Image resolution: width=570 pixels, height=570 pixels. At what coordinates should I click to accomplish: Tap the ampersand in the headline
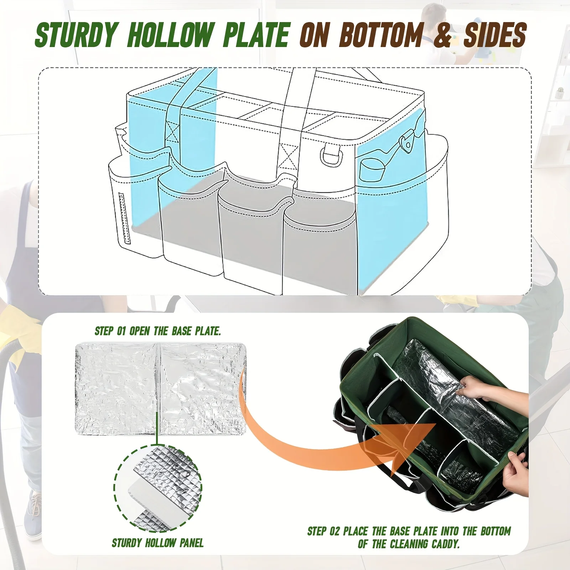pyautogui.click(x=443, y=35)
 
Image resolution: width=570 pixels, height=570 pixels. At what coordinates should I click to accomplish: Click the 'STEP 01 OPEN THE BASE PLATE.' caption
pyautogui.click(x=158, y=331)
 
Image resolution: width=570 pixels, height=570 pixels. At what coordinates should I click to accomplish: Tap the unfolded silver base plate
pyautogui.click(x=160, y=388)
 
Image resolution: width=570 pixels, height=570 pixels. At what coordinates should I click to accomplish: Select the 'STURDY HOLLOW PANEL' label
pyautogui.click(x=158, y=543)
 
